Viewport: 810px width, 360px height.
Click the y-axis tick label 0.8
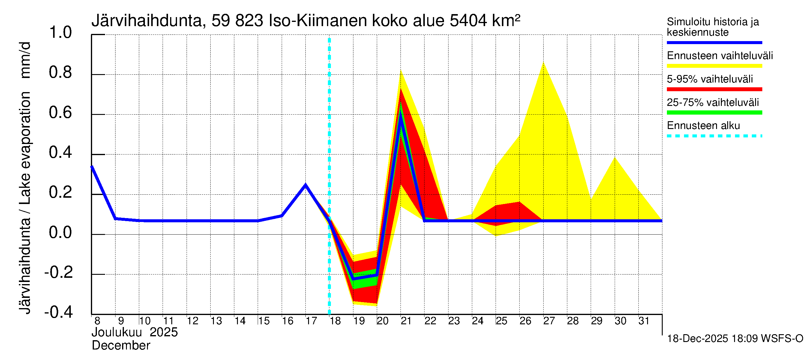pos(60,73)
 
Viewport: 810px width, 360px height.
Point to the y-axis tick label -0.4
pos(58,312)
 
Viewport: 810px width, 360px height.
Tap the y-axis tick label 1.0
pos(60,33)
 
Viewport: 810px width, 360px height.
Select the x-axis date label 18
pos(335,321)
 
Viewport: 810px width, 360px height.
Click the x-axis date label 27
pos(549,321)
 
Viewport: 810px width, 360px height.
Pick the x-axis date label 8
pos(97,321)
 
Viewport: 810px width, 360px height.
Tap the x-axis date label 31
pos(644,321)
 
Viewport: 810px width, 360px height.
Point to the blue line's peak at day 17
pos(305,185)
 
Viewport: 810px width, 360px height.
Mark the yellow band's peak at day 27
pos(543,63)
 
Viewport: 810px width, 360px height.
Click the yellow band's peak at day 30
pos(615,157)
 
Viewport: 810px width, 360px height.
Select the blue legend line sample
pos(714,42)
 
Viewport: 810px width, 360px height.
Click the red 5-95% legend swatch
pos(714,89)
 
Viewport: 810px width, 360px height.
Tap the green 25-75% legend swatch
pos(714,112)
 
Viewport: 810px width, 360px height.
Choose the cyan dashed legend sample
pos(714,136)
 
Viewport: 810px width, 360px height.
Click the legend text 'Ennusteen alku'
pos(703,126)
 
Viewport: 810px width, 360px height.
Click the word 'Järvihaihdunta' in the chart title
pos(146,21)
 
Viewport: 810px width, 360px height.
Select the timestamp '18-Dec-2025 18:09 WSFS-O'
pos(735,339)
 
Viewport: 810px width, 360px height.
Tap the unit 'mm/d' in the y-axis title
pos(25,60)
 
